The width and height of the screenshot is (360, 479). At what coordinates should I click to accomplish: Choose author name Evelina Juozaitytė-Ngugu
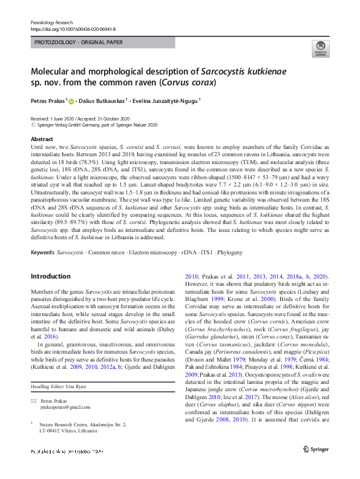click(x=165, y=101)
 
